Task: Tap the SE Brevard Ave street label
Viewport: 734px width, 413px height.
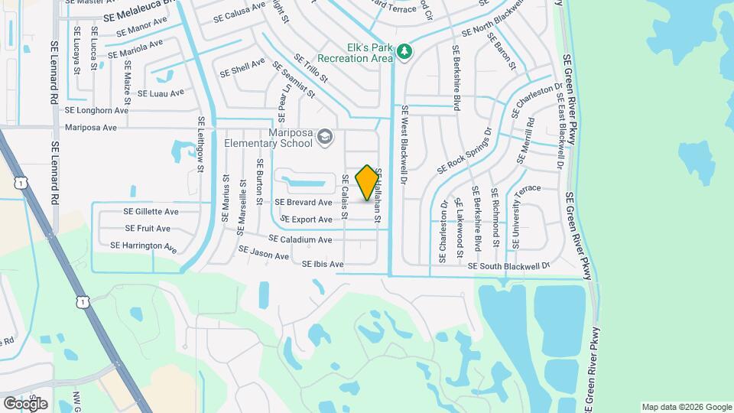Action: click(x=304, y=203)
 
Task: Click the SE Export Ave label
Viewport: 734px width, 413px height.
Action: click(x=306, y=220)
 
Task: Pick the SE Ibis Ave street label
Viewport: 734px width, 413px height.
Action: click(x=323, y=265)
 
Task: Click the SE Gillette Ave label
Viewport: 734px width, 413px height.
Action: click(x=151, y=211)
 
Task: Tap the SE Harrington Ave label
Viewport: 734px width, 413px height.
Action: click(x=144, y=246)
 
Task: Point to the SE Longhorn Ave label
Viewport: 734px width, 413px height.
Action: click(x=96, y=110)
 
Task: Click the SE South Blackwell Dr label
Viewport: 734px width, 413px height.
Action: click(x=508, y=266)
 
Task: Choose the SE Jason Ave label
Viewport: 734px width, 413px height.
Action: click(x=263, y=252)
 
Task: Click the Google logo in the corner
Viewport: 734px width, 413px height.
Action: click(x=25, y=403)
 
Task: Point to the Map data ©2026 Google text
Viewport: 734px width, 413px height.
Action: click(x=686, y=407)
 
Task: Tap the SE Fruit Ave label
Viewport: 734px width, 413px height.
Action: click(x=148, y=229)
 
